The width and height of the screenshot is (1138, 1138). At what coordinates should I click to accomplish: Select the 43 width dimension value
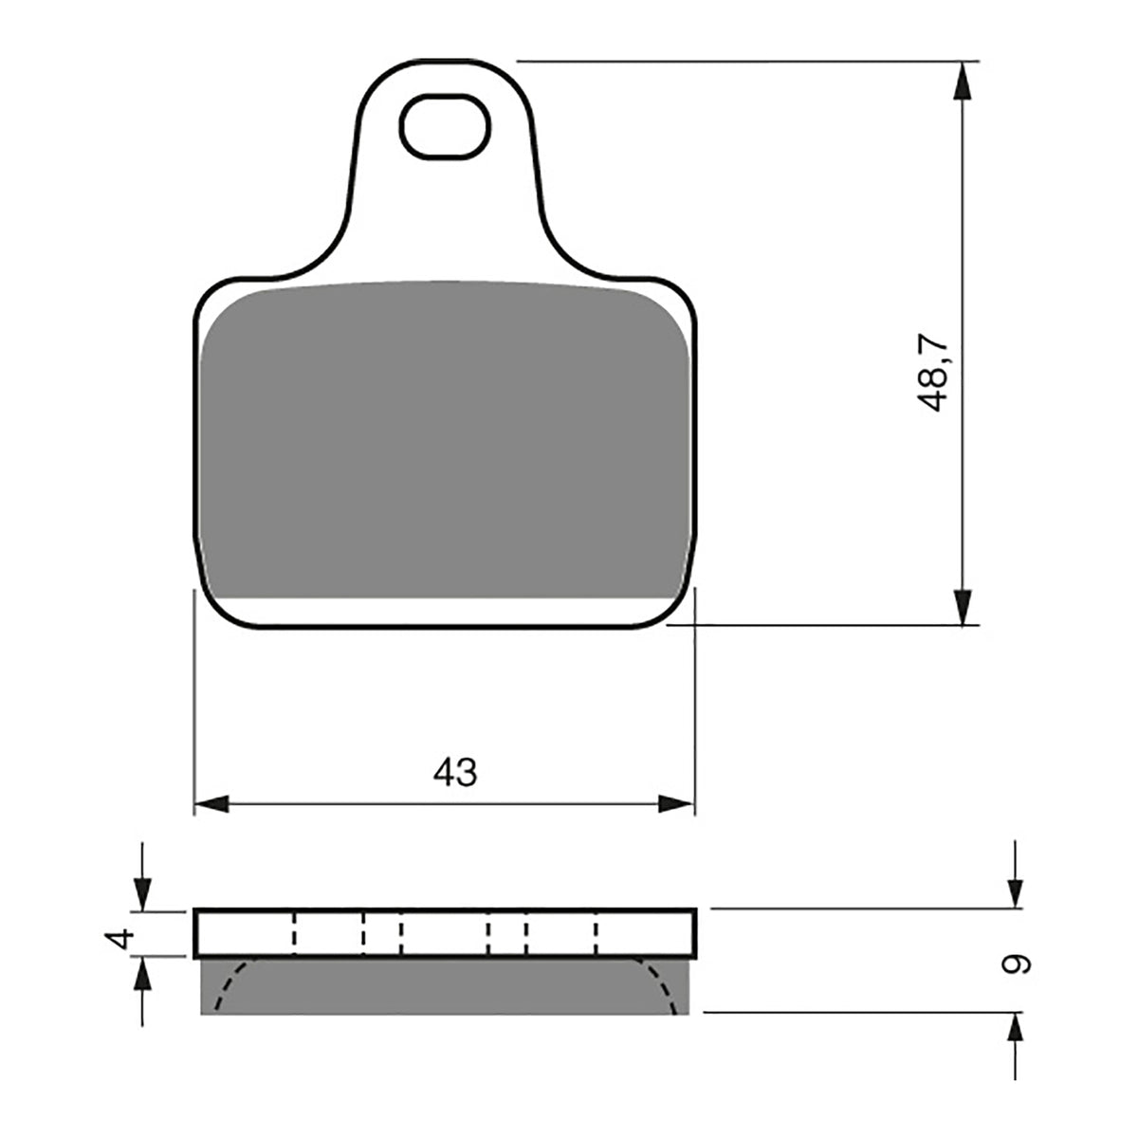(455, 773)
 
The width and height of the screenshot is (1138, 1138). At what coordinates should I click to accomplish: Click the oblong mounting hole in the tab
(446, 126)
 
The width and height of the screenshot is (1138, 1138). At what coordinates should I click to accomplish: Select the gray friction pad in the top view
(444, 441)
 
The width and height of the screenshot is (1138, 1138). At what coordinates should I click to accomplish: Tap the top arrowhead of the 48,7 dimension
(963, 81)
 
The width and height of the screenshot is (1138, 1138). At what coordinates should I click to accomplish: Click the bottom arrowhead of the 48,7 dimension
(963, 607)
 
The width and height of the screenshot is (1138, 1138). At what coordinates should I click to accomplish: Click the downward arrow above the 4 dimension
(141, 891)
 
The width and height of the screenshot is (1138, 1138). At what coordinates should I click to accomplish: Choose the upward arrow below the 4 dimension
(141, 975)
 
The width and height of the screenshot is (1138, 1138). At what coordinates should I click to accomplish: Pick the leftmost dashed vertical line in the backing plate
(294, 933)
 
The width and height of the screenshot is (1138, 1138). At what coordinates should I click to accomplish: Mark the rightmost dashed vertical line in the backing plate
(597, 933)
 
